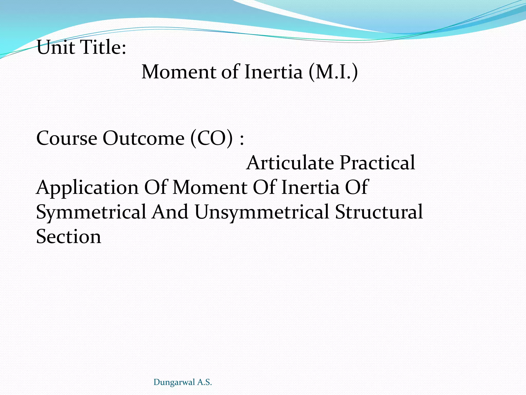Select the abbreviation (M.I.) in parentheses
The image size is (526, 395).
(333, 72)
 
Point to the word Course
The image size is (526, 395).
(67, 139)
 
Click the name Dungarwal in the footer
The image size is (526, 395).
(174, 382)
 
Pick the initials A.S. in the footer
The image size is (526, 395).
(204, 382)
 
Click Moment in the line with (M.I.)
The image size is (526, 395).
(179, 72)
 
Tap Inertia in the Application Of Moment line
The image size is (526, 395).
(310, 188)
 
